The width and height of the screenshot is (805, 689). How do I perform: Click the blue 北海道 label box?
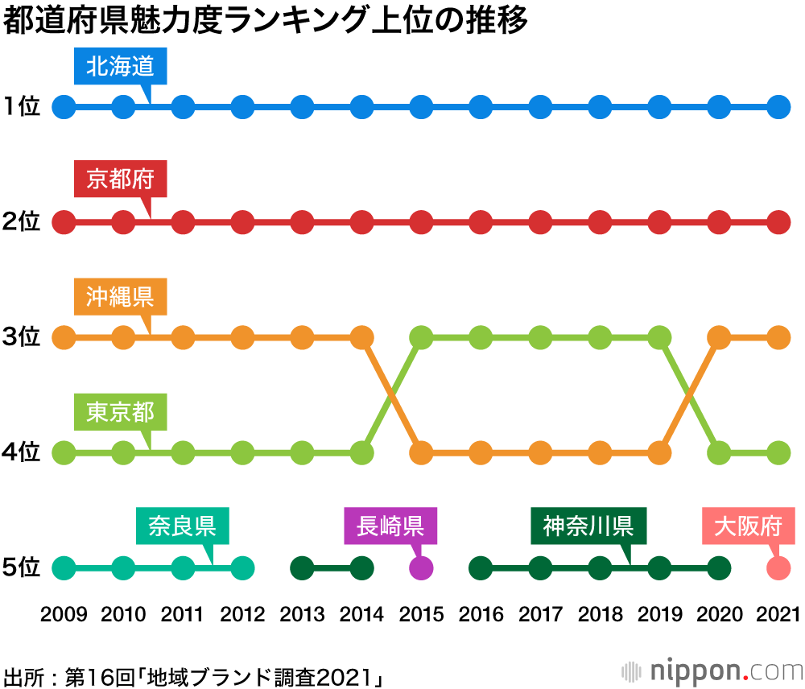(120, 66)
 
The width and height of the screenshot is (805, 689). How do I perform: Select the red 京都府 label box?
(120, 179)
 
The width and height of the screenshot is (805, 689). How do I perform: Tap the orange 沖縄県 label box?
(120, 295)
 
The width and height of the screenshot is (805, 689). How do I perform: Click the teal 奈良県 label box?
(182, 526)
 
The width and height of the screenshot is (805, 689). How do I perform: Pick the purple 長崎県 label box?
(390, 526)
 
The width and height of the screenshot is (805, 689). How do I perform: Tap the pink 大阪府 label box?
(749, 526)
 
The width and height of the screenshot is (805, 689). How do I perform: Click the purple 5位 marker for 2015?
(421, 567)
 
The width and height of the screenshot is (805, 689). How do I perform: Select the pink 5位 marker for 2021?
(778, 567)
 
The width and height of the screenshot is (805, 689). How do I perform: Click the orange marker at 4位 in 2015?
(421, 452)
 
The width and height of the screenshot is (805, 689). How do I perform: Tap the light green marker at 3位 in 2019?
(659, 337)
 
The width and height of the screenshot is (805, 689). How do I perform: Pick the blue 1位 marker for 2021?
(778, 106)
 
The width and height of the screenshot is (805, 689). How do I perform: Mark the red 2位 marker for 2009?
(64, 221)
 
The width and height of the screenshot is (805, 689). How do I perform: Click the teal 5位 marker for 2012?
(242, 567)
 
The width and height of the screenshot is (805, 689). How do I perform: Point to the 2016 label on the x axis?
(481, 616)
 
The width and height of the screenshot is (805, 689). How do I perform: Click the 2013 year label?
(302, 616)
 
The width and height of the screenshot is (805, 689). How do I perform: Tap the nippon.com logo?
(712, 670)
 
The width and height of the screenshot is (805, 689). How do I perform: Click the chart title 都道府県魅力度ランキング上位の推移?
(266, 21)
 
